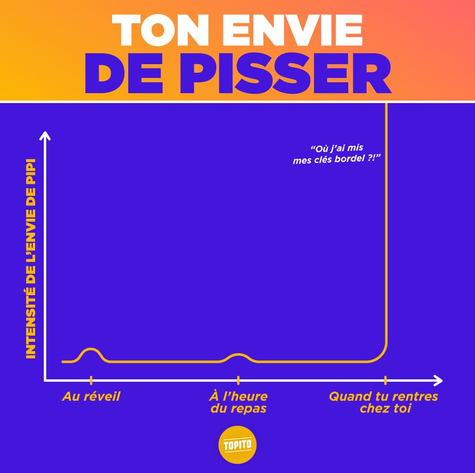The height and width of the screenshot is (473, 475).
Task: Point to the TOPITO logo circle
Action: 237,445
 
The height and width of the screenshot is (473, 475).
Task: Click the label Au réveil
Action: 91,396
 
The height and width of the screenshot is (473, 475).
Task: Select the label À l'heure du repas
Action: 238,402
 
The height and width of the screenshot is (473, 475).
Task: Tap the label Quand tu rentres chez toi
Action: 384,402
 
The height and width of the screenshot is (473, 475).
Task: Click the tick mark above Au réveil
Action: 91,380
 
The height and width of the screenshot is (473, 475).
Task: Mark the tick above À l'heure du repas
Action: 238,380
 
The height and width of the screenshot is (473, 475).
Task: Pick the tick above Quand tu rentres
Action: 385,380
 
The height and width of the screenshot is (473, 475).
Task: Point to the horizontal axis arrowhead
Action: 438,380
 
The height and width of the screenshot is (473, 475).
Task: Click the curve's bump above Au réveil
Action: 91,350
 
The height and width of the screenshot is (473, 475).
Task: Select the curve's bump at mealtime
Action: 238,355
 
